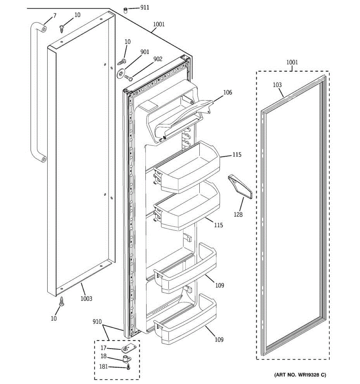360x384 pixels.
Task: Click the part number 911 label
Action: click(x=145, y=7)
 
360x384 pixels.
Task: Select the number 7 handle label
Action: click(x=54, y=15)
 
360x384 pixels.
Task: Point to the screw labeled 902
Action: click(x=129, y=77)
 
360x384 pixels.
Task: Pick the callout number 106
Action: click(x=228, y=93)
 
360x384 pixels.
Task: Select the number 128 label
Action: click(x=238, y=214)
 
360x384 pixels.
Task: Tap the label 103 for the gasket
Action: click(x=277, y=85)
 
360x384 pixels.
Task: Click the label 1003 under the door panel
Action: click(x=86, y=299)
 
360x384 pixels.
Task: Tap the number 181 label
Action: click(x=104, y=367)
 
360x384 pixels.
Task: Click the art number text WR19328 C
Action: click(x=300, y=374)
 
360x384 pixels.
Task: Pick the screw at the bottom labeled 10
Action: click(x=62, y=301)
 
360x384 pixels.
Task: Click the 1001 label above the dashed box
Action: click(x=292, y=62)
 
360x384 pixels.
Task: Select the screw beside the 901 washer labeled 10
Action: click(x=122, y=61)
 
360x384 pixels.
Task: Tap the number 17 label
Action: click(x=104, y=348)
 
